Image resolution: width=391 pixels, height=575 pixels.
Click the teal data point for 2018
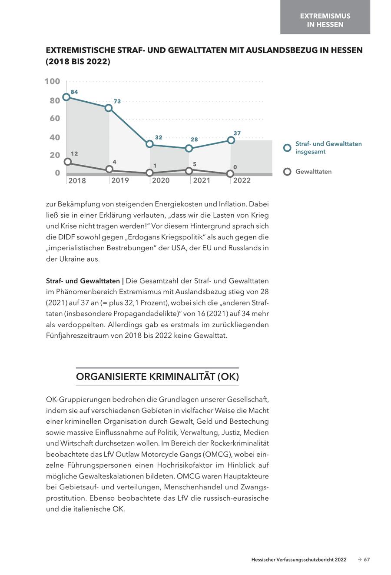[66, 97]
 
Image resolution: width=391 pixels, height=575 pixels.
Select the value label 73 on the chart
[117, 101]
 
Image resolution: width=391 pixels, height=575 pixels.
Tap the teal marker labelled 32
[150, 144]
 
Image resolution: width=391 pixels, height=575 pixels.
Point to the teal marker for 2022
[231, 140]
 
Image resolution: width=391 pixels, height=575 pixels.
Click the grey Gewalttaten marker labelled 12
[67, 162]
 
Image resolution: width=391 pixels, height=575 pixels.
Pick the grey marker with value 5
[189, 171]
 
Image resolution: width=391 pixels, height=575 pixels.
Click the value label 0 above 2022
[235, 167]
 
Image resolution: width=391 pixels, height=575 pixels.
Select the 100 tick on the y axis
[52, 81]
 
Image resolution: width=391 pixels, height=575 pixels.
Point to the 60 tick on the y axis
[55, 118]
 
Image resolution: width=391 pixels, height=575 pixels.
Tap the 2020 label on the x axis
[161, 180]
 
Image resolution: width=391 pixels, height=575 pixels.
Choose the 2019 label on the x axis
[120, 180]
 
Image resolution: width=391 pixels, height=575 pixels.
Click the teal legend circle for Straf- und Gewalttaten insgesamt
[287, 148]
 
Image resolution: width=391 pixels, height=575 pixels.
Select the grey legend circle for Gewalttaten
[287, 172]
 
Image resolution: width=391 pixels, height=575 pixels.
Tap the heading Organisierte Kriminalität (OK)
[157, 376]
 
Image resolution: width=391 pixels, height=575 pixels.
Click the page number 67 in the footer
[367, 560]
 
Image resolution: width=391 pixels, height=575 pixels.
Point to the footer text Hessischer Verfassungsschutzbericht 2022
[299, 560]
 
